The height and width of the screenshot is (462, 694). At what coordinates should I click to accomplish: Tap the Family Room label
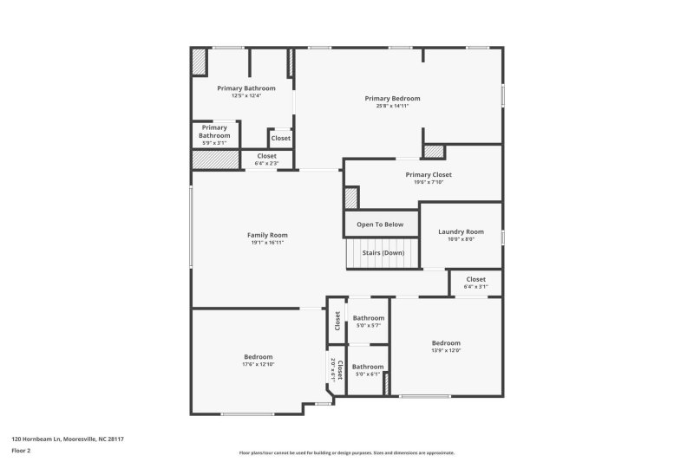[267, 235]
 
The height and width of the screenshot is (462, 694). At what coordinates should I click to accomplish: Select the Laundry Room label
[461, 231]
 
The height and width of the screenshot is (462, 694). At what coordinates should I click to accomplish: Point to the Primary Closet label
[429, 174]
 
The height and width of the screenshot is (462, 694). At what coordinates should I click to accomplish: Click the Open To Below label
[380, 224]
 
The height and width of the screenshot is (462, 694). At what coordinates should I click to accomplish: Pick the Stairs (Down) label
[383, 252]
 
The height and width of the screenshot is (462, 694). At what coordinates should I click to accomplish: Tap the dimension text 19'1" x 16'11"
[267, 243]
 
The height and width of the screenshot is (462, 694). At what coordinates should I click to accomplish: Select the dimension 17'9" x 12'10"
[259, 364]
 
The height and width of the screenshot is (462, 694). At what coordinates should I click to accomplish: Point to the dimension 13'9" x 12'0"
[446, 350]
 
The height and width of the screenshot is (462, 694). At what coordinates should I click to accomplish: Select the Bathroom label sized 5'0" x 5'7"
[368, 318]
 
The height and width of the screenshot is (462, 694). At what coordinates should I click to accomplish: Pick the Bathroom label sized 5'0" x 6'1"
[368, 367]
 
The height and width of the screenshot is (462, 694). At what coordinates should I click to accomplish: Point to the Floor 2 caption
[21, 451]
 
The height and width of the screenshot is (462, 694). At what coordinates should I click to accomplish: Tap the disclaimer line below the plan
[346, 452]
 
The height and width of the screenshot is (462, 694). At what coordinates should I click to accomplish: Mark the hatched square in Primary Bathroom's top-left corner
[200, 62]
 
